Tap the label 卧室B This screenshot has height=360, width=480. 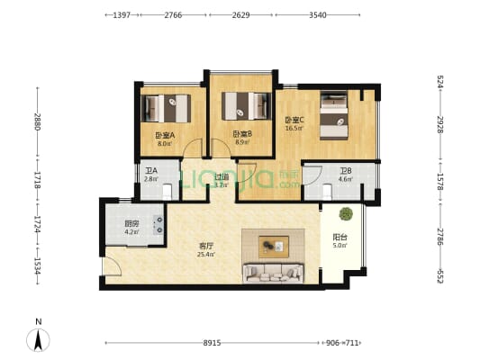(242, 134)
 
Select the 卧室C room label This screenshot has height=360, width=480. (294, 121)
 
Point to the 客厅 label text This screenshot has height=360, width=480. (206, 245)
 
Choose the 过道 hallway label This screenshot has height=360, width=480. (221, 177)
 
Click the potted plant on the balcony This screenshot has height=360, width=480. (344, 215)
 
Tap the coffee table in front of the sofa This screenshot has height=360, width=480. (274, 243)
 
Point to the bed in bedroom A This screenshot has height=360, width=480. (169, 109)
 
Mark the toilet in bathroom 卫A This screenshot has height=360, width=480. (168, 191)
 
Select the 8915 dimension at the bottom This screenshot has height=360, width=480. (212, 342)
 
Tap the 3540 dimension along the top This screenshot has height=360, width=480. (317, 15)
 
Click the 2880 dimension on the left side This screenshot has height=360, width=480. (38, 121)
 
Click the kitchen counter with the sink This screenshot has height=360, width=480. (158, 224)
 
